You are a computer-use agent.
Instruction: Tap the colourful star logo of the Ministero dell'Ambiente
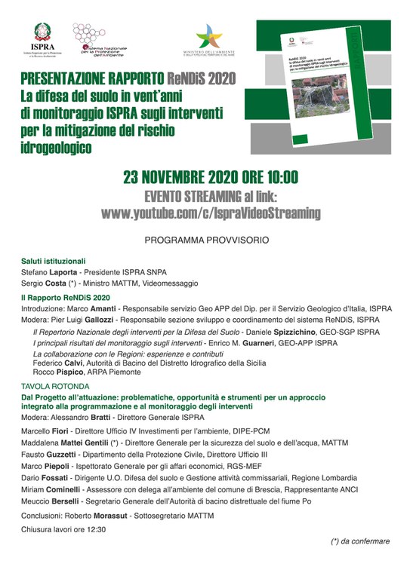coord(209,36)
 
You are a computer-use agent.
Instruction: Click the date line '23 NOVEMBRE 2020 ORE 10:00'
coord(211,178)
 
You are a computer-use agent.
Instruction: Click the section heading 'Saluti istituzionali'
coord(54,261)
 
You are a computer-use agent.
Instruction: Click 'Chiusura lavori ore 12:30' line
coord(64,530)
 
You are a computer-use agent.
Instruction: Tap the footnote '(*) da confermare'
coord(360,541)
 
